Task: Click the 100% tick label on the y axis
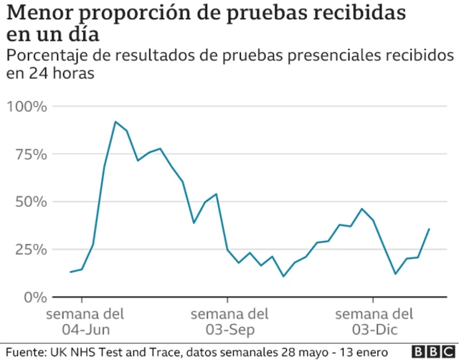[27, 107]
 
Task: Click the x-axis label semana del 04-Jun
[85, 321]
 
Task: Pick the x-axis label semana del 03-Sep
[229, 321]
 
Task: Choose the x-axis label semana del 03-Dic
[374, 321]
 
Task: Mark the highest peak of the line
[115, 121]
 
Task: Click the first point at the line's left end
[70, 272]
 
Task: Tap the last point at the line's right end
[429, 229]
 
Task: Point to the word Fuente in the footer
[24, 351]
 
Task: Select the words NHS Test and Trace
[122, 351]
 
